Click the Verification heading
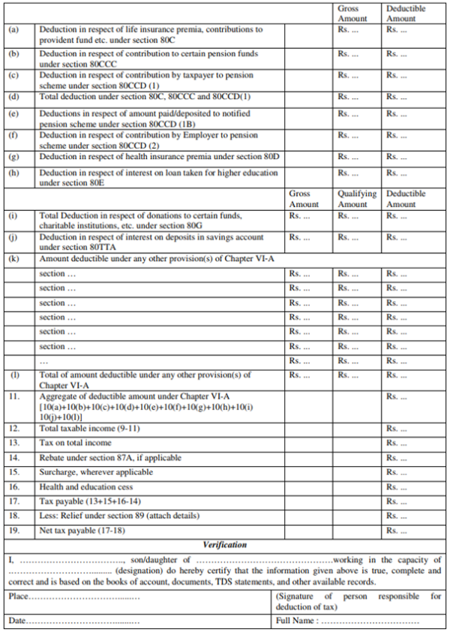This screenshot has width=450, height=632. click(x=225, y=545)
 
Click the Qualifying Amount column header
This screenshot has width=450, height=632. click(x=352, y=199)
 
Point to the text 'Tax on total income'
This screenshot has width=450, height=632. click(x=76, y=443)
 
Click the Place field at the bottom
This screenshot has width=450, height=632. click(x=75, y=597)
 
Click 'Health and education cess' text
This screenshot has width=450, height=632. click(x=86, y=487)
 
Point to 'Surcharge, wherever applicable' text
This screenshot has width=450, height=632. click(x=96, y=472)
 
